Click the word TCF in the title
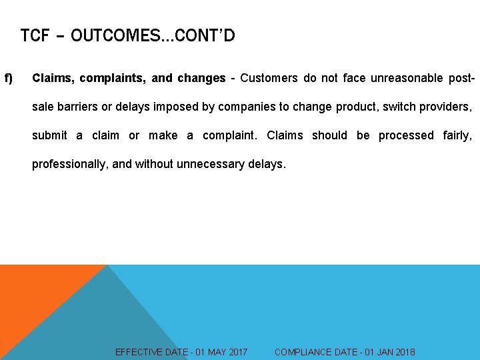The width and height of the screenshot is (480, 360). pyautogui.click(x=35, y=35)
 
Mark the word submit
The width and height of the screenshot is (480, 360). pyautogui.click(x=49, y=135)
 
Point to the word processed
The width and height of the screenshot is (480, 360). pyautogui.click(x=406, y=135)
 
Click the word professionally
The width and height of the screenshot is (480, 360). pyautogui.click(x=70, y=164)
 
